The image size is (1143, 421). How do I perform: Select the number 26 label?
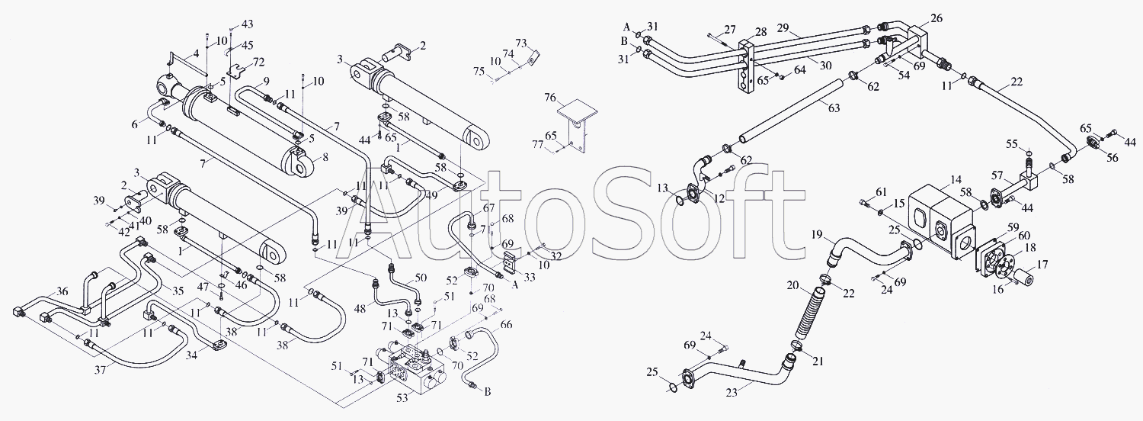pyautogui.click(x=936, y=18)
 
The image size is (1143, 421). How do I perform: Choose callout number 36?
pyautogui.click(x=62, y=291)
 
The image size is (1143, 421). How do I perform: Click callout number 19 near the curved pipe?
pyautogui.click(x=818, y=235)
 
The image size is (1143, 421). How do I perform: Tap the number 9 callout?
pyautogui.click(x=267, y=81)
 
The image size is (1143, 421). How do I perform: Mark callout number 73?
pyautogui.click(x=521, y=41)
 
